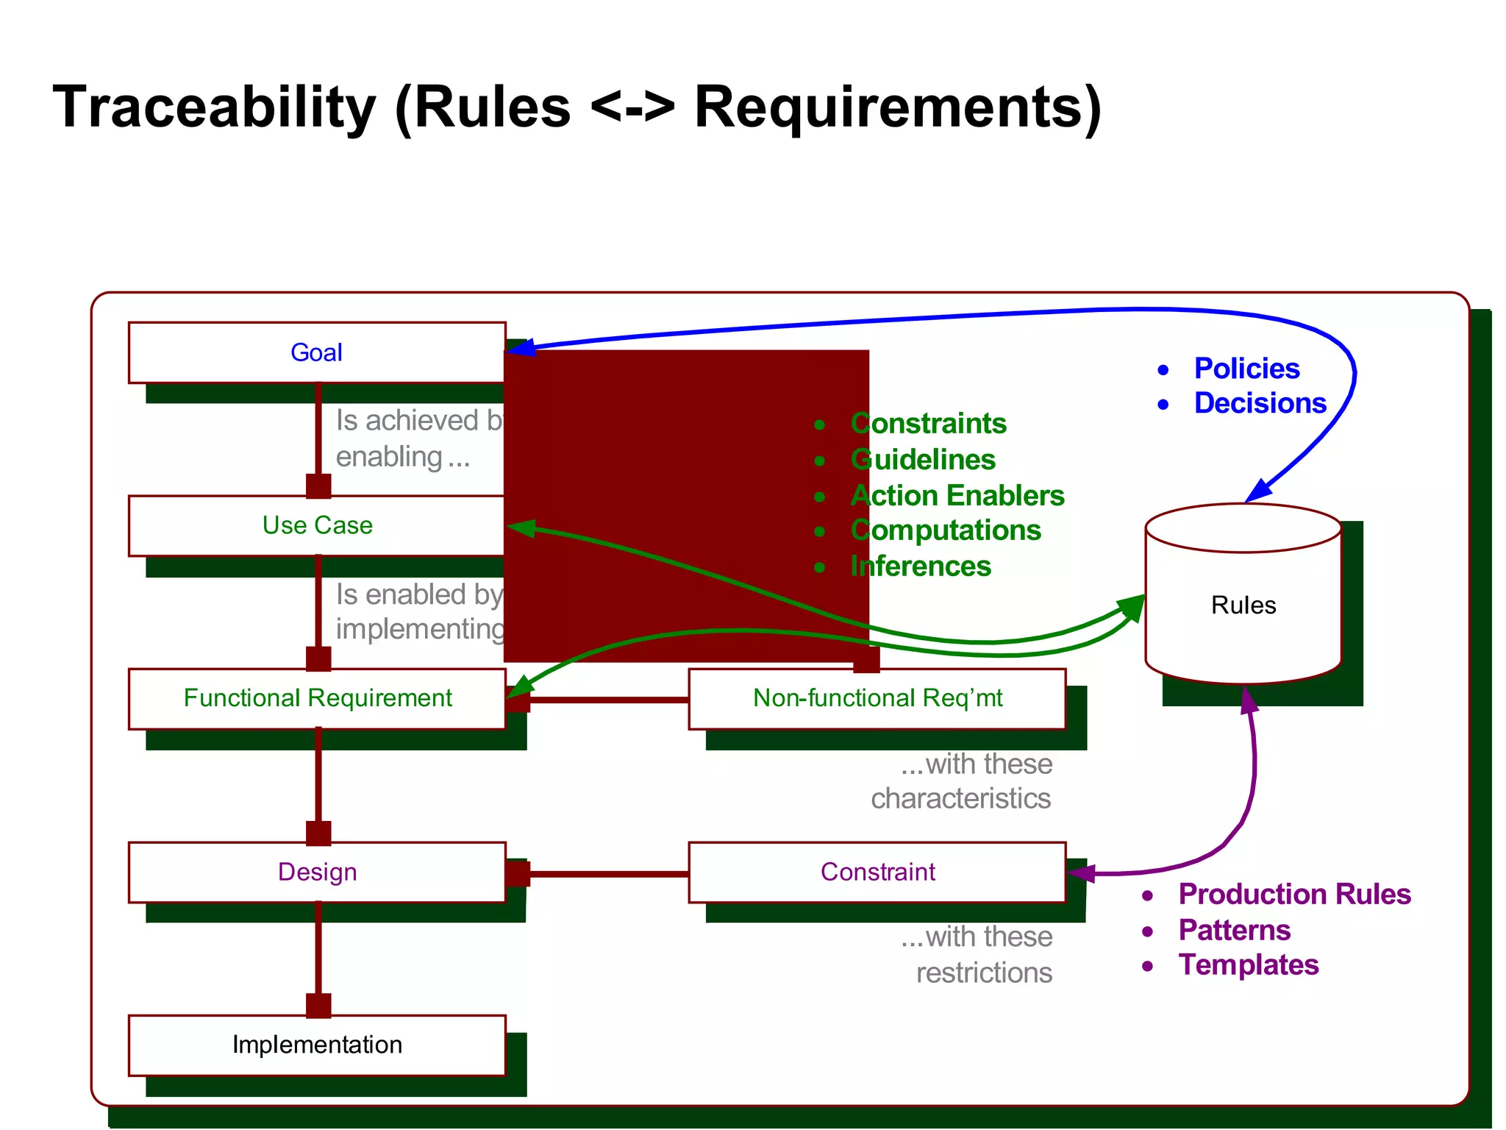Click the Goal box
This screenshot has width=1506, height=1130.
click(x=316, y=352)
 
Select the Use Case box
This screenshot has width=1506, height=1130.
click(x=316, y=525)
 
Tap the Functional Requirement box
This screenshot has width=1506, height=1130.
click(x=316, y=698)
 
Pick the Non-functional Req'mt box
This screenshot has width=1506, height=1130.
click(x=877, y=698)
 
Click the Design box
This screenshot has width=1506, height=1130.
click(x=316, y=872)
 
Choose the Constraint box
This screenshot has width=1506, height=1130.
click(x=877, y=872)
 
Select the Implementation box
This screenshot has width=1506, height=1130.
click(x=316, y=1045)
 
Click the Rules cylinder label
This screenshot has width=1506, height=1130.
click(x=1243, y=605)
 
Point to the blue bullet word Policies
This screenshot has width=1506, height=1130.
click(x=1246, y=369)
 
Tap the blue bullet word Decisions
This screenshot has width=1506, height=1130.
click(x=1260, y=403)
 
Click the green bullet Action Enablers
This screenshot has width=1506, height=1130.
click(x=957, y=496)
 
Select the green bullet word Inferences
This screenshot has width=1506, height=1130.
click(x=920, y=566)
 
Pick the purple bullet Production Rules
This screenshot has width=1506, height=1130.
click(x=1294, y=895)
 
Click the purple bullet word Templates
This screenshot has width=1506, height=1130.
click(x=1248, y=965)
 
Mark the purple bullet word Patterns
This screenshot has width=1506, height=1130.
click(x=1234, y=931)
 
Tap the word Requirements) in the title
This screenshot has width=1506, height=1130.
click(x=897, y=107)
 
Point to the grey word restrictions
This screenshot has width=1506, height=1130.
click(x=984, y=973)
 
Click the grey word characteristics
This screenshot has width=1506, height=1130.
click(x=960, y=799)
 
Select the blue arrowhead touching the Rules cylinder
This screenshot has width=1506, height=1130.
click(x=1259, y=490)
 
